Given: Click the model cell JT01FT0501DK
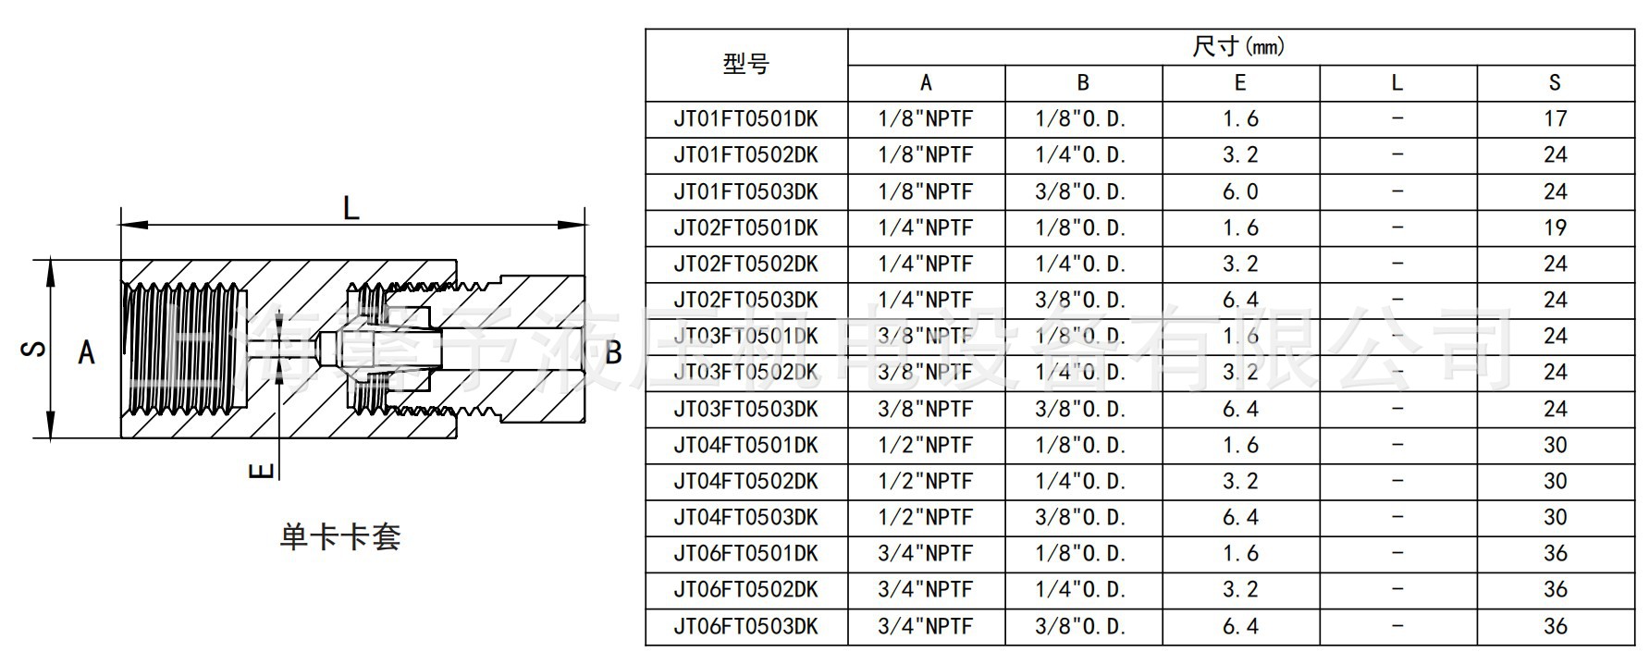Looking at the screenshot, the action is [x=745, y=119].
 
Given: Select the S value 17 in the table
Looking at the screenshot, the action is [x=1555, y=119].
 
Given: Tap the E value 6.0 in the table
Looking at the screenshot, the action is [x=1239, y=191].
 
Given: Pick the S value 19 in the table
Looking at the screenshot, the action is [x=1555, y=227].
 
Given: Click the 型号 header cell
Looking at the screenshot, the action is [x=745, y=65].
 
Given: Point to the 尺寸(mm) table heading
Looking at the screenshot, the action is [x=1239, y=46].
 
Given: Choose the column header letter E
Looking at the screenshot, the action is [x=1239, y=83].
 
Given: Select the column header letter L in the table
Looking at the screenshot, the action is [x=1397, y=83].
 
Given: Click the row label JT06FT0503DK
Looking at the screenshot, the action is [x=745, y=626].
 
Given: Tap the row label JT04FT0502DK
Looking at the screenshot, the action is [x=745, y=481].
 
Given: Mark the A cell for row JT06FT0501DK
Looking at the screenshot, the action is [x=925, y=553].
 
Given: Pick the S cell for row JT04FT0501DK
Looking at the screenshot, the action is [x=1555, y=445].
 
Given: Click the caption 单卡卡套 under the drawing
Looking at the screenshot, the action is [x=340, y=537].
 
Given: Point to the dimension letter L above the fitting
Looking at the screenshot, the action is [x=351, y=207].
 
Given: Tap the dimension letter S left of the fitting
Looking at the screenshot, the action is [x=34, y=349].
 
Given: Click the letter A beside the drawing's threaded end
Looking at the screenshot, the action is [x=86, y=352].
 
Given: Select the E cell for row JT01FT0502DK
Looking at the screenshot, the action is [x=1239, y=155].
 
